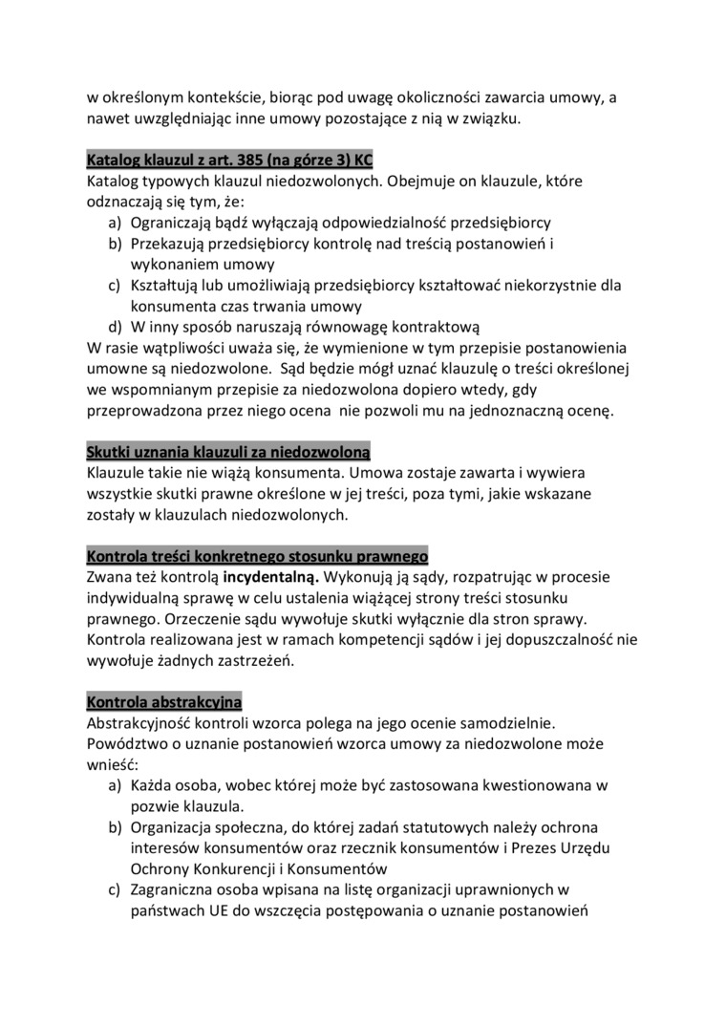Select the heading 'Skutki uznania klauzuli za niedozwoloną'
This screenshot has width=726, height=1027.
[x=228, y=451]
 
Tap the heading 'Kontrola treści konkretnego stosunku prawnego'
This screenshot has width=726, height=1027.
[x=257, y=556]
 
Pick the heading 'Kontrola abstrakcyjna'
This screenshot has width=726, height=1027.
[x=164, y=702]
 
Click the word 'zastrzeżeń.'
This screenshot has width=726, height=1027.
[x=259, y=660]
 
